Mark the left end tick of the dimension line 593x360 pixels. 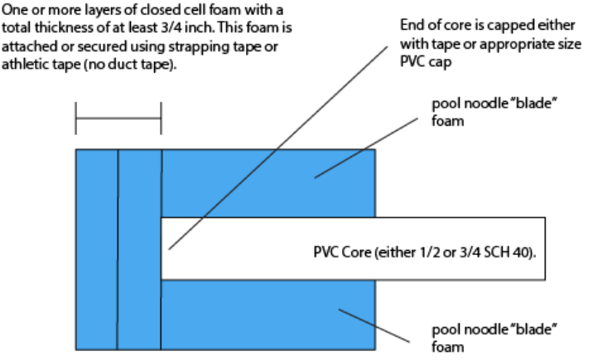(75, 118)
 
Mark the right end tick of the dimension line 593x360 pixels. (161, 118)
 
